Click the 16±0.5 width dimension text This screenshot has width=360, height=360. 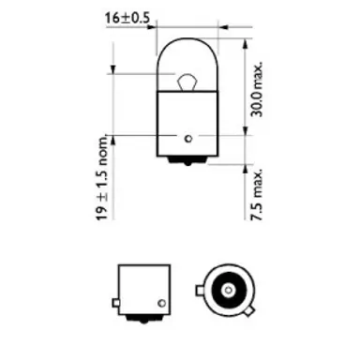click(127, 16)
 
